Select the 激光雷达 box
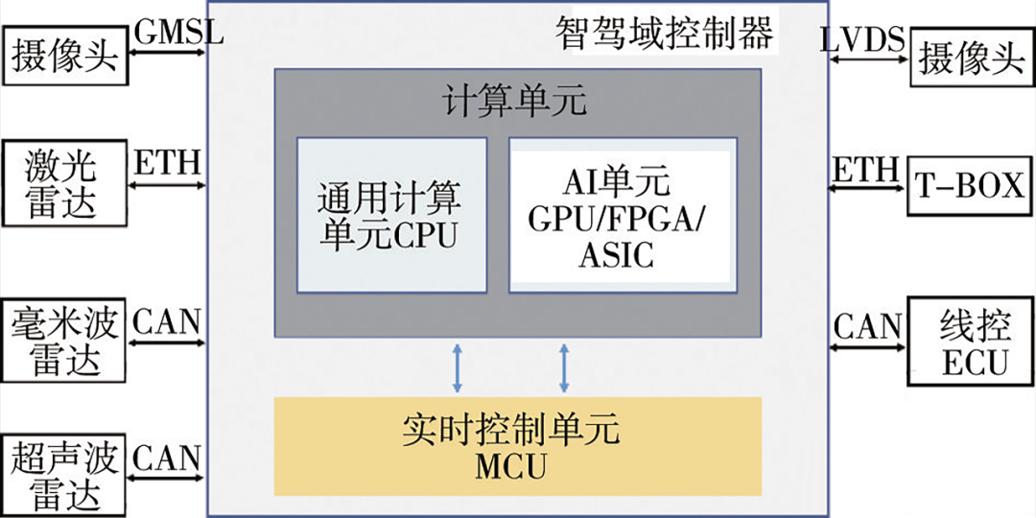point(63,184)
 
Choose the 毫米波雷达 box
point(63,341)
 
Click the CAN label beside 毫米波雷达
point(167,320)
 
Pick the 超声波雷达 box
point(63,477)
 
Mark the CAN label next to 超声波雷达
point(167,457)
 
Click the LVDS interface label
point(862,39)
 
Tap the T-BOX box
point(971,185)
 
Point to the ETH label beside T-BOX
point(863,170)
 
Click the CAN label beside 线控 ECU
point(868,326)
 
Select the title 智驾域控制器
point(664,34)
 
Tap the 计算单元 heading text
point(515,101)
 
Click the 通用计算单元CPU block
point(390,215)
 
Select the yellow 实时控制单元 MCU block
point(517,446)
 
